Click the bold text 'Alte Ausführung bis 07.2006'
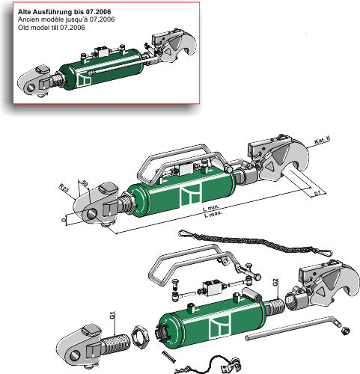point(63,12)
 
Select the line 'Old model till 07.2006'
point(49,28)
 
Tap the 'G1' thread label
point(112,317)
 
